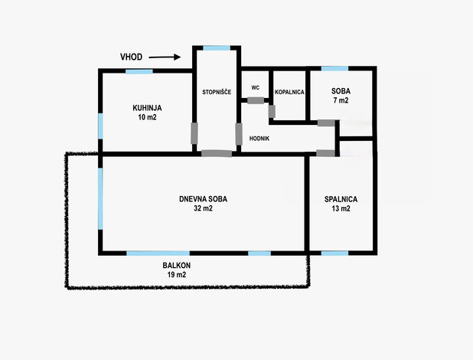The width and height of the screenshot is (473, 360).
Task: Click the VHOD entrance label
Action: [131, 57]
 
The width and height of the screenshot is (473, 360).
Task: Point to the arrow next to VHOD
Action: [165, 57]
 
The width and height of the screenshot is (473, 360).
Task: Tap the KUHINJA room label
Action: [147, 108]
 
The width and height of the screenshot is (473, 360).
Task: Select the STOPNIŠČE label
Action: [217, 92]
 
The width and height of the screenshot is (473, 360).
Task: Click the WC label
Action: [255, 88]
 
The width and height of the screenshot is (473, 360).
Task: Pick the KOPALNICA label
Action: [289, 92]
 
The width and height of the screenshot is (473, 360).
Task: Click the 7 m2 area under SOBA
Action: [341, 100]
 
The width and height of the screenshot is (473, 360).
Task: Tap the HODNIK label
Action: [259, 139]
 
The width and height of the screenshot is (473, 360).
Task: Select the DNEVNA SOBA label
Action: [203, 199]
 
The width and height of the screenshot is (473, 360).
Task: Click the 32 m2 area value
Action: [203, 208]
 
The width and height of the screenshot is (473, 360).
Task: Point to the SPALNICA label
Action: [341, 199]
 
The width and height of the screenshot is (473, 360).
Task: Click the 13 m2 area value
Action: [341, 208]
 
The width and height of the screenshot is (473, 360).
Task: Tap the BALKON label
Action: [177, 266]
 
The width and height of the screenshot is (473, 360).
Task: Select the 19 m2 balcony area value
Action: [177, 275]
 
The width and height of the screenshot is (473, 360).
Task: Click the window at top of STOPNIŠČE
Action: [217, 48]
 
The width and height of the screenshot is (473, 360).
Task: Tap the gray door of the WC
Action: [256, 100]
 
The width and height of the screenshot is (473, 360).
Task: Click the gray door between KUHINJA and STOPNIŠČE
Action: [194, 133]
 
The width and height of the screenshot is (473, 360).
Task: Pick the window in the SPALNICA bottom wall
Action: [334, 253]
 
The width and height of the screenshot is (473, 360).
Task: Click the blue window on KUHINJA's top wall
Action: [139, 71]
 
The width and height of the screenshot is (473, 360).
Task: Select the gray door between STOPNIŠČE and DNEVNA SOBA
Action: [217, 153]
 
